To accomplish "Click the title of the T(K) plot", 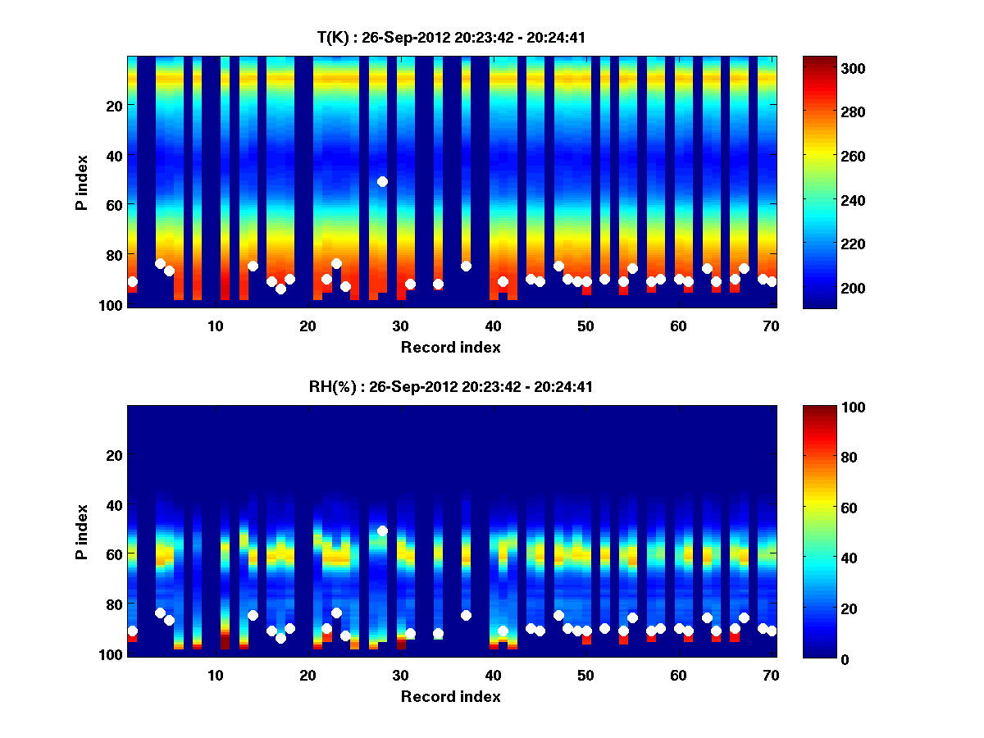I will pyautogui.click(x=450, y=37).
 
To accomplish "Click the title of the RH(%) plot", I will pyautogui.click(x=450, y=387).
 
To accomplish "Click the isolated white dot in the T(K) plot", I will pyautogui.click(x=382, y=181).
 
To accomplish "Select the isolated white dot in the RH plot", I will pyautogui.click(x=382, y=531).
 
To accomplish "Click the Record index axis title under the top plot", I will pyautogui.click(x=450, y=347).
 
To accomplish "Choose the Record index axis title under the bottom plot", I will pyautogui.click(x=450, y=696).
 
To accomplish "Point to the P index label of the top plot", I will pyautogui.click(x=81, y=180).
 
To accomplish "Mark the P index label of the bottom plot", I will pyautogui.click(x=81, y=531).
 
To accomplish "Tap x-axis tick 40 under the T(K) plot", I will pyautogui.click(x=493, y=326).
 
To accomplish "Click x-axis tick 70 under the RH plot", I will pyautogui.click(x=771, y=675).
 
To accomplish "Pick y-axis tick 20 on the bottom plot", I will pyautogui.click(x=114, y=454).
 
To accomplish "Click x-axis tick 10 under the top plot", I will pyautogui.click(x=215, y=326).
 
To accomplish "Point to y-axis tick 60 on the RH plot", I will pyautogui.click(x=114, y=554).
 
